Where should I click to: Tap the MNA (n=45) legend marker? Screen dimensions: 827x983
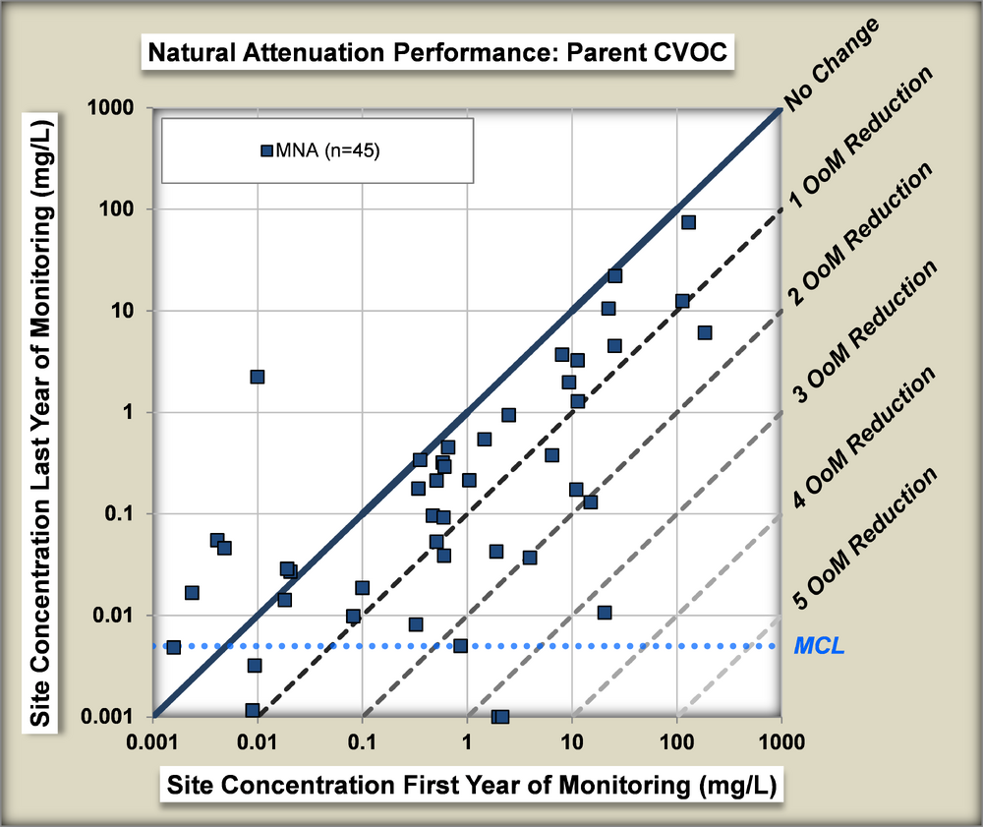265,150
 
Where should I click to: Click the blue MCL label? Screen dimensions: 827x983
818,646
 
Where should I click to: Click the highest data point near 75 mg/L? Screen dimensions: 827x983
688,222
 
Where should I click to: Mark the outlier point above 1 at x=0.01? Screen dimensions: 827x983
258,377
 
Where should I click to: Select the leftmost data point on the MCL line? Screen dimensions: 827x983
173,647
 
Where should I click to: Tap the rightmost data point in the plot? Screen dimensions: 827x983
704,332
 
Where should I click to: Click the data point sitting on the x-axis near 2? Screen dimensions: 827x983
501,716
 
